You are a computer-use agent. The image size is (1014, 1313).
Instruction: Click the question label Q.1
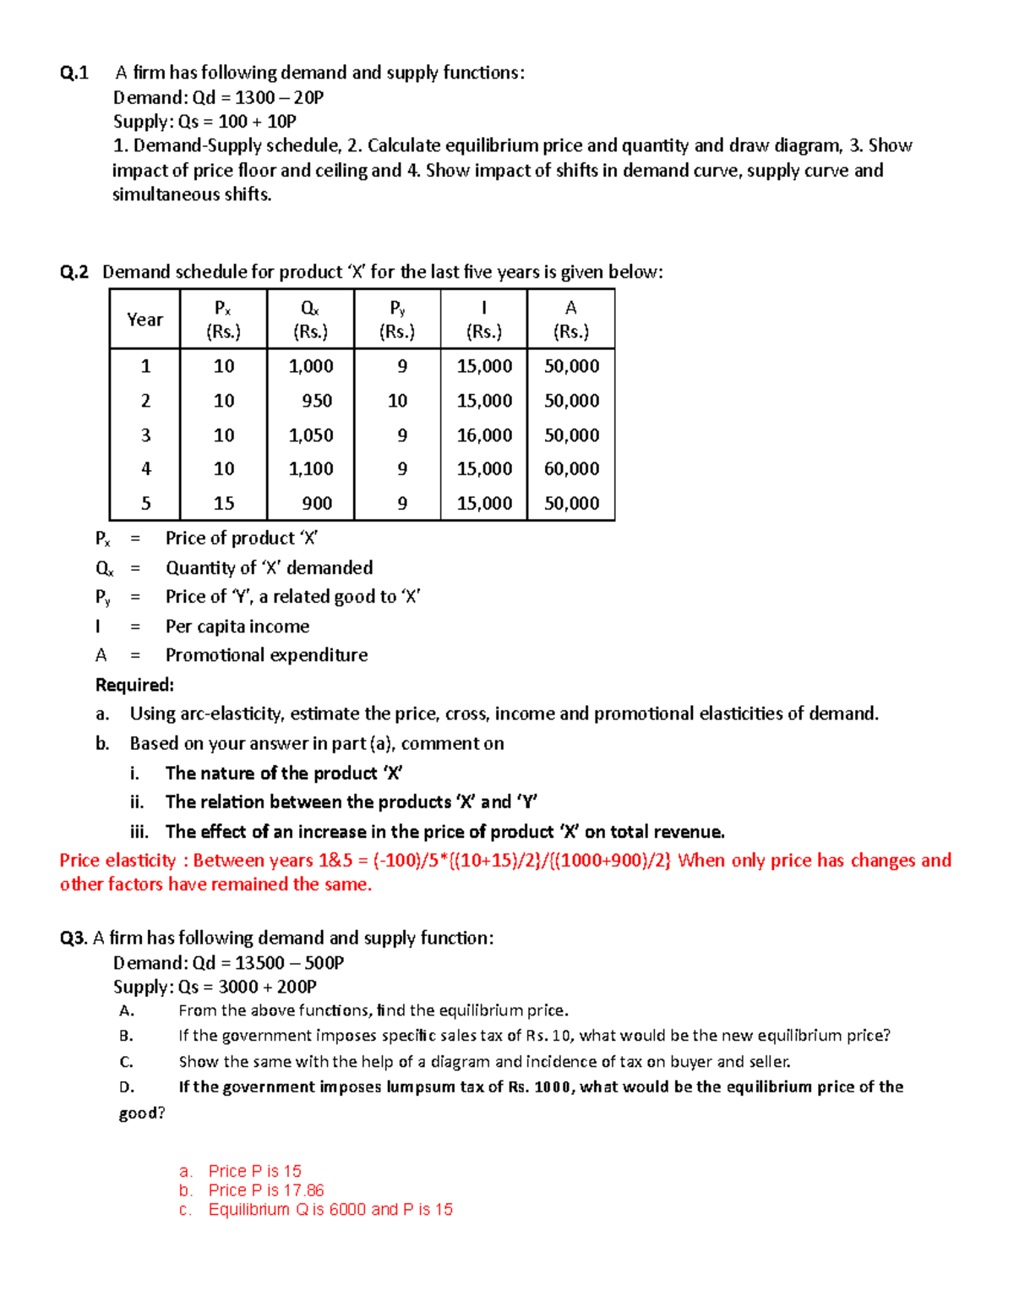[x=74, y=74]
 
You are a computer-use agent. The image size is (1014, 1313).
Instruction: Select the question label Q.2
[x=74, y=272]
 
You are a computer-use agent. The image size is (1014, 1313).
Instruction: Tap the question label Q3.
[x=74, y=938]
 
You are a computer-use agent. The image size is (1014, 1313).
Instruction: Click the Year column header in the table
[x=144, y=320]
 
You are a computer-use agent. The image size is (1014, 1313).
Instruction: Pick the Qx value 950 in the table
[x=317, y=401]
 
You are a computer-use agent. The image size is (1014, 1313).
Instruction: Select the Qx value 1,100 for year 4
[x=311, y=469]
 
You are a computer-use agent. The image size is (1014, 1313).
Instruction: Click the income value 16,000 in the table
[x=484, y=435]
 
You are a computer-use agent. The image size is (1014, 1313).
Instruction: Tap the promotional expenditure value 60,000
[x=571, y=469]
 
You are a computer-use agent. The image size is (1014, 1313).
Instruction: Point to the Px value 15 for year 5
[x=224, y=504]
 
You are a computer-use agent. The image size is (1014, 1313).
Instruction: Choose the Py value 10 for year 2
[x=397, y=401]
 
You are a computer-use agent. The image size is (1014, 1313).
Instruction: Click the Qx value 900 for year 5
[x=317, y=504]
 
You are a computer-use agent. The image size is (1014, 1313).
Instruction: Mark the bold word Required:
[x=134, y=685]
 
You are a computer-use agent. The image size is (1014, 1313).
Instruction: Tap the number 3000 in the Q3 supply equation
[x=238, y=987]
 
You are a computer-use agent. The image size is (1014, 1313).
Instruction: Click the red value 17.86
[x=303, y=1190]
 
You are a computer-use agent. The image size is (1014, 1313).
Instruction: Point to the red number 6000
[x=348, y=1210]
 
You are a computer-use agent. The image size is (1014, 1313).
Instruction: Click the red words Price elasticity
[x=117, y=861]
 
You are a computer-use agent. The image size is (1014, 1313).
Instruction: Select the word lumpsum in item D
[x=422, y=1087]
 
